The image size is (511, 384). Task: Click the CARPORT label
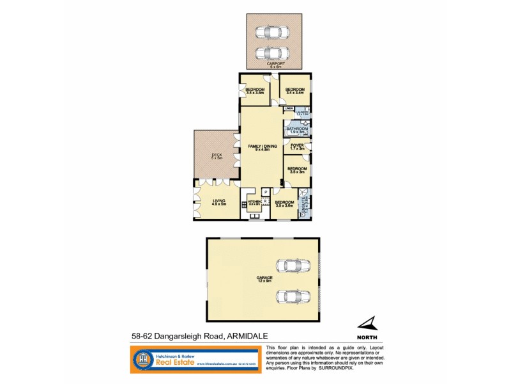tap(275, 63)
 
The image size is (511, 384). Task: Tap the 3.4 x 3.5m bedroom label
tap(256, 91)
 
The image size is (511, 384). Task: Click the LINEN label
tap(289, 109)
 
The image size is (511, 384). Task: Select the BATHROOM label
tap(298, 130)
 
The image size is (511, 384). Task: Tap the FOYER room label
tap(298, 147)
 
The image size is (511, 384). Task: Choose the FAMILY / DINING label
tap(262, 148)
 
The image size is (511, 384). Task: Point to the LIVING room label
tap(218, 202)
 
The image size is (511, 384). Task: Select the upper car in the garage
tap(289, 265)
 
